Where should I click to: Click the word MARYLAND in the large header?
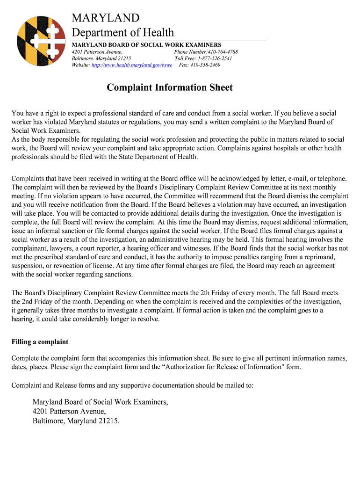(x=105, y=18)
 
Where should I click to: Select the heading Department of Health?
(x=122, y=32)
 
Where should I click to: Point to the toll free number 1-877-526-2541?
(x=215, y=58)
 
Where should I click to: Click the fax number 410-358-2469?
(x=205, y=65)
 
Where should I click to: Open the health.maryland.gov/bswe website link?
(x=132, y=65)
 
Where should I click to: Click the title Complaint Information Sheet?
(x=169, y=87)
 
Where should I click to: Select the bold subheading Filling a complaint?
(x=40, y=342)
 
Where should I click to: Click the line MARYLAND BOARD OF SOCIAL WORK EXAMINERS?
(x=146, y=44)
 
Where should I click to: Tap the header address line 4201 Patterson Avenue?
(x=97, y=51)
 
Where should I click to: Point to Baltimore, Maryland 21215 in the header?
(x=101, y=58)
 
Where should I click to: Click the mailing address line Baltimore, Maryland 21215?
(x=76, y=421)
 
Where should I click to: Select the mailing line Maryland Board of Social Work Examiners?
(x=100, y=402)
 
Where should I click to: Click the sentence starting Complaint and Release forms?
(x=132, y=385)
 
